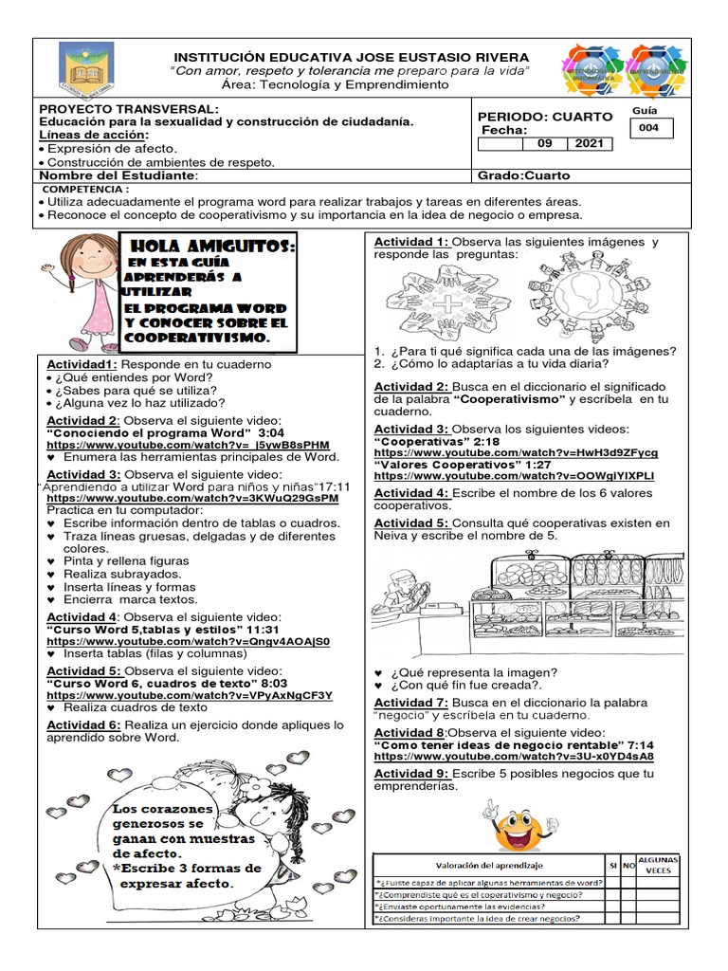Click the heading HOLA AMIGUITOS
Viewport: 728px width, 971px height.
click(209, 247)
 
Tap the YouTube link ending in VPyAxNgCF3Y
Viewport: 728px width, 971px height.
click(190, 695)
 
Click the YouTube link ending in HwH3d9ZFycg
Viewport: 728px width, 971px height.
click(516, 453)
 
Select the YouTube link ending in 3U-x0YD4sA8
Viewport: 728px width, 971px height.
click(514, 757)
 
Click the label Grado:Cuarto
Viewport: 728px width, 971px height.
click(524, 175)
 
